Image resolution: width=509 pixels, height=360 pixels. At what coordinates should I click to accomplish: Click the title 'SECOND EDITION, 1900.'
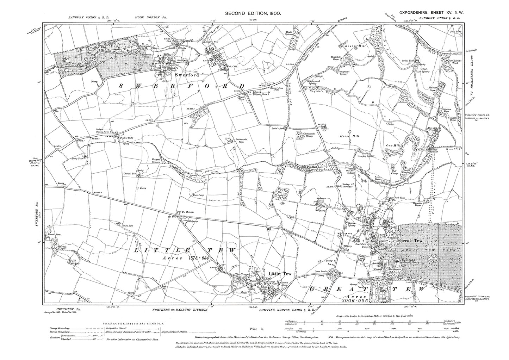pos(253,13)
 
